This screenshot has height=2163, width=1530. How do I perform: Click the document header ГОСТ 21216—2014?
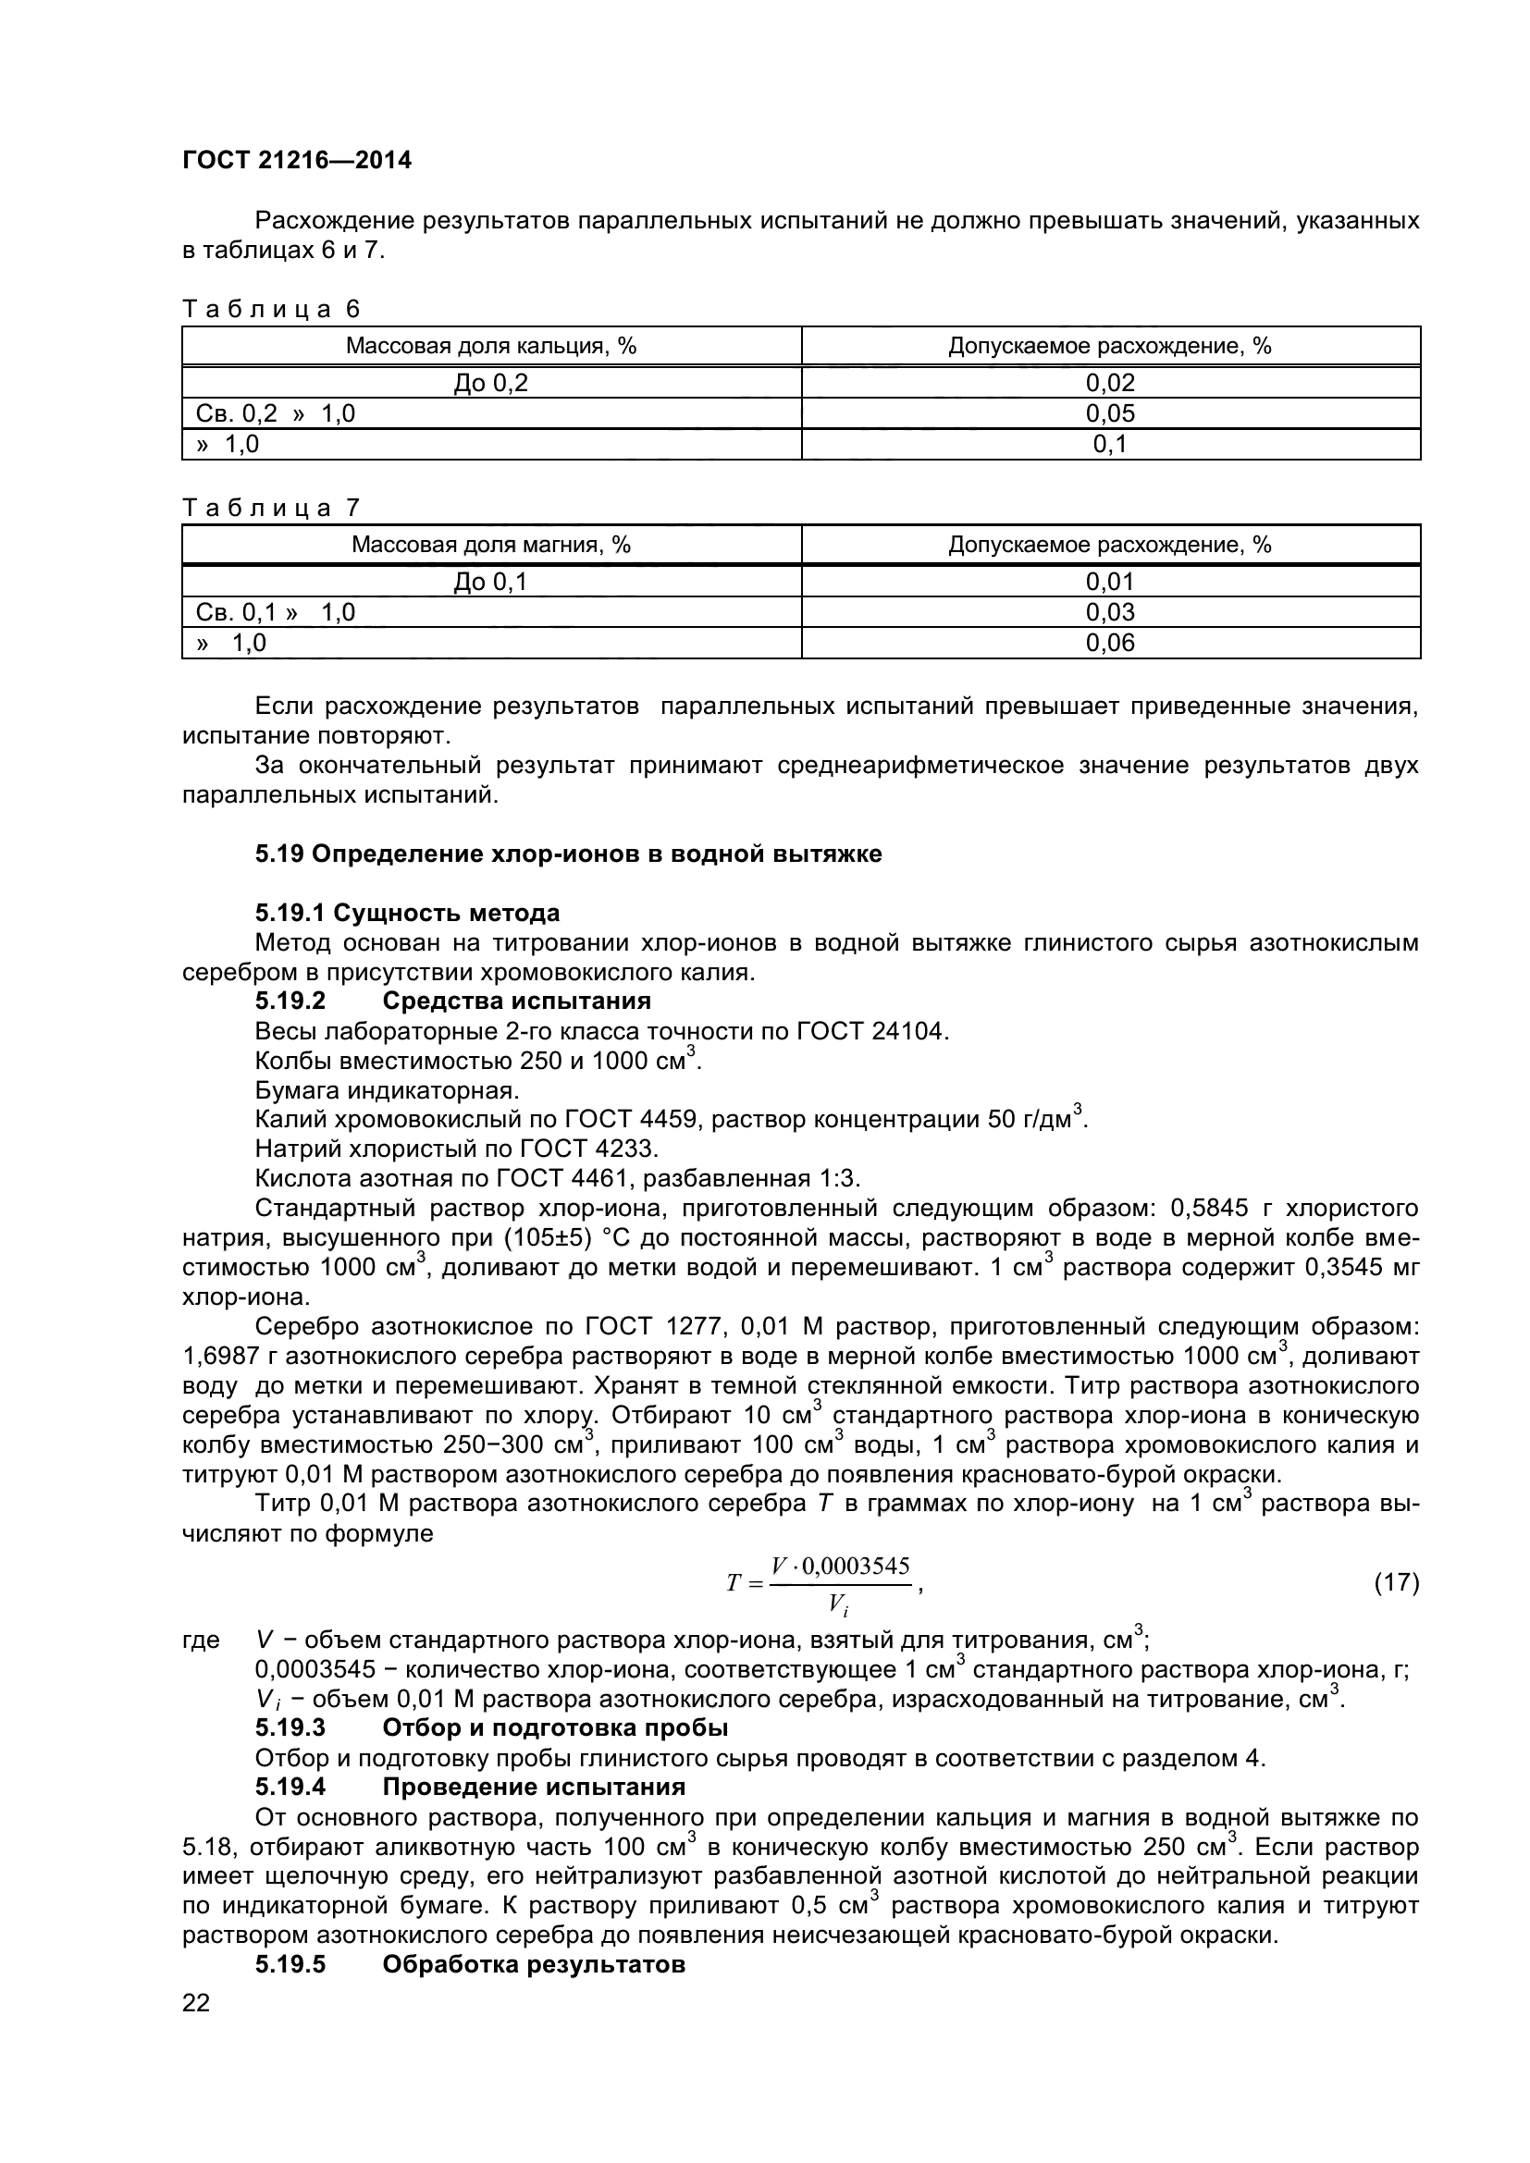[297, 160]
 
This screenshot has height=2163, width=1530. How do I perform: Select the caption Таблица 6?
[270, 309]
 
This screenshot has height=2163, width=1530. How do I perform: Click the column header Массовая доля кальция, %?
[491, 346]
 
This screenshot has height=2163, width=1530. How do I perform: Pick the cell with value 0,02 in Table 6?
[1110, 383]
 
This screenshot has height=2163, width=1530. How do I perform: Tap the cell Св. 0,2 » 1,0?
[275, 413]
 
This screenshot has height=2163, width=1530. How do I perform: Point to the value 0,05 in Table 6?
[1110, 413]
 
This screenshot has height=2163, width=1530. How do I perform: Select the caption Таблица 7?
[270, 508]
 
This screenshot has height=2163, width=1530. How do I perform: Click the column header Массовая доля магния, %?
[491, 545]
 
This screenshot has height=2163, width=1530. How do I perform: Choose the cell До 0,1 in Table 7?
[491, 583]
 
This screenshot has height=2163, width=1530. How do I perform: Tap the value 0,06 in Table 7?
[1110, 644]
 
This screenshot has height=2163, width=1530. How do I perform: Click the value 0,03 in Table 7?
[1110, 612]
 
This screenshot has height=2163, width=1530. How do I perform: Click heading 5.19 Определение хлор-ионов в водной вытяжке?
[568, 854]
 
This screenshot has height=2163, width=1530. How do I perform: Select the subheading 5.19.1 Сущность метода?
[407, 913]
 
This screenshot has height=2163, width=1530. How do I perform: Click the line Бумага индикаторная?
[388, 1091]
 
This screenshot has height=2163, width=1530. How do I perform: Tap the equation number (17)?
[1396, 1582]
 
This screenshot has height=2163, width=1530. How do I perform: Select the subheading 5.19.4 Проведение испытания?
[470, 1788]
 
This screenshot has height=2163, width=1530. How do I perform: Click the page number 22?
[196, 2003]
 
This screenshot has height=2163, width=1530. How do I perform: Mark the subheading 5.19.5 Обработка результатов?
[470, 1965]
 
